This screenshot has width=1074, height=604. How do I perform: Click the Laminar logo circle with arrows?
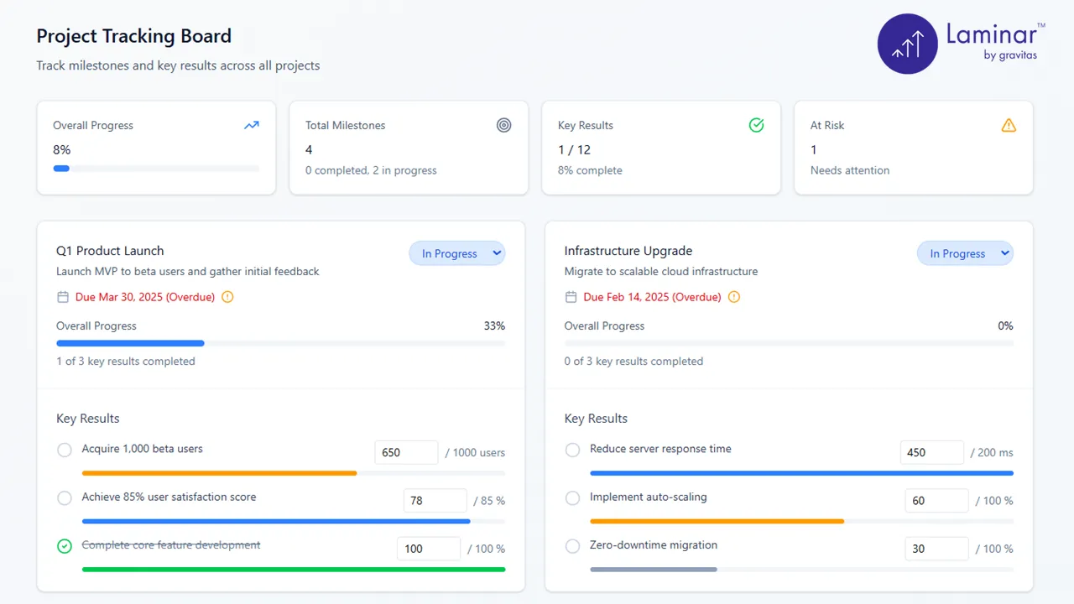click(x=907, y=44)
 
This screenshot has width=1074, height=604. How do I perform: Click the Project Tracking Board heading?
click(x=133, y=36)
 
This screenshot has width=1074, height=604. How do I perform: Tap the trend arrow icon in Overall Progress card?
click(x=252, y=125)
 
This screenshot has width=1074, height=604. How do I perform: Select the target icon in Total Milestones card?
click(x=503, y=125)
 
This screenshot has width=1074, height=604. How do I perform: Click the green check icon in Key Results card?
click(x=756, y=125)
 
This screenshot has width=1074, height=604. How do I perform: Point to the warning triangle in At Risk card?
click(x=1009, y=125)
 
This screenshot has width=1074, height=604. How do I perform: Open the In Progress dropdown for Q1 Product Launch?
click(x=457, y=253)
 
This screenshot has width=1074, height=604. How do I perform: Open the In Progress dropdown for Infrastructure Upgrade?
click(x=965, y=253)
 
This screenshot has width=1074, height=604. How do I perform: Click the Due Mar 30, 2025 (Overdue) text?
click(x=145, y=297)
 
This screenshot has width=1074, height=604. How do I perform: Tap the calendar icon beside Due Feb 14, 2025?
click(x=571, y=297)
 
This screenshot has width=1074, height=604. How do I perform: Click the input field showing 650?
click(x=406, y=452)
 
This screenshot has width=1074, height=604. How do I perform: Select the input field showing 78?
click(x=435, y=501)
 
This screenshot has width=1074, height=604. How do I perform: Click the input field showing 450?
click(x=931, y=452)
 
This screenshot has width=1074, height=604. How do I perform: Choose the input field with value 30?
click(x=936, y=549)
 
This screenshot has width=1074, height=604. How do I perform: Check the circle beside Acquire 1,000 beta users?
click(x=65, y=450)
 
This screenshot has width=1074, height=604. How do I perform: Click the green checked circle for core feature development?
click(x=65, y=546)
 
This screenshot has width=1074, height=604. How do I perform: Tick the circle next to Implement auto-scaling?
click(x=572, y=498)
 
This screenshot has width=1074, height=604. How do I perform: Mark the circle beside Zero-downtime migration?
click(x=572, y=546)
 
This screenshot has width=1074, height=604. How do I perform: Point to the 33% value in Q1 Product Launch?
click(x=494, y=325)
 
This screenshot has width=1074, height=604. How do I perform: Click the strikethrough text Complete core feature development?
click(x=171, y=545)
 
